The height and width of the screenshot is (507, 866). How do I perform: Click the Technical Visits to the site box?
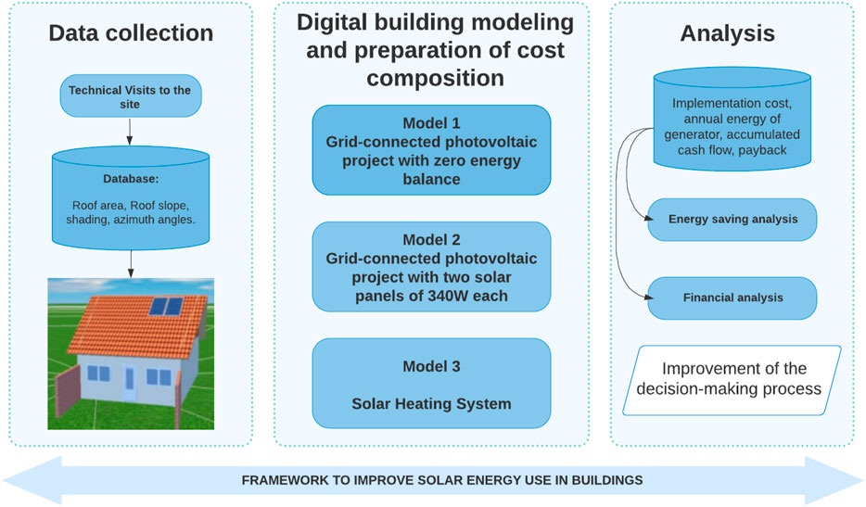131,96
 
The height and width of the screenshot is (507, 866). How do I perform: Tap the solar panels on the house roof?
166,307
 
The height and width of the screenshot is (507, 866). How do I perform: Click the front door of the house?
129,382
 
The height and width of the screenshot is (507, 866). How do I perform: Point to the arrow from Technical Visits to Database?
129,132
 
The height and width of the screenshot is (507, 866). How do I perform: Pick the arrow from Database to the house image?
131,264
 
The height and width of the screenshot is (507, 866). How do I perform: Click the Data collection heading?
131,33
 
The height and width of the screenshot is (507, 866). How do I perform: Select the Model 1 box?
431,150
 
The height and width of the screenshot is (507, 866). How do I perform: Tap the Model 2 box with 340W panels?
431,267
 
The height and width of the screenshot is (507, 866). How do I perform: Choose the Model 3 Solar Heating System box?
431,384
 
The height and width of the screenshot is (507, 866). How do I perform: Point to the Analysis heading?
727,33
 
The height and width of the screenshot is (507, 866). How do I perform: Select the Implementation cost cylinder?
732,119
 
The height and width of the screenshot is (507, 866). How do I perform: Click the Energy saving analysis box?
732,220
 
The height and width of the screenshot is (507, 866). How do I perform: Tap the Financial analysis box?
732,298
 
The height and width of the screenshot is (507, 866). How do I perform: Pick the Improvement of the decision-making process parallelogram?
732,381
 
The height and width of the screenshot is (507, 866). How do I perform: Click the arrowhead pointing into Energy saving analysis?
649,219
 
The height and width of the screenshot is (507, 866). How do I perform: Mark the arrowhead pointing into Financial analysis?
649,298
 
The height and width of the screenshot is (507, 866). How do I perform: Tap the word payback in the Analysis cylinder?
763,150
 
